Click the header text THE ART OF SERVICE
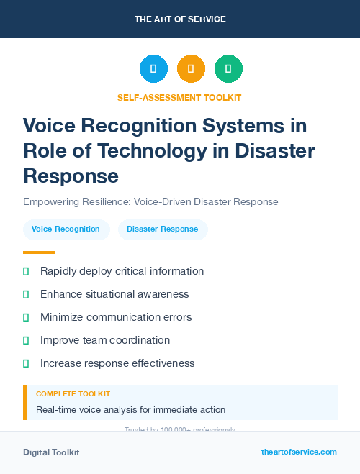tap(180, 19)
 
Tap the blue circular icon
tap(153, 68)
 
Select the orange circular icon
tap(191, 68)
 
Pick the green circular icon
tap(228, 68)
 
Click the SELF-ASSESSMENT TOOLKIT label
tap(179, 97)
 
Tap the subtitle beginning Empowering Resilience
tap(150, 201)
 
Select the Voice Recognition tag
tap(66, 229)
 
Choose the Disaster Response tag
tap(162, 229)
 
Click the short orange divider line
tap(39, 252)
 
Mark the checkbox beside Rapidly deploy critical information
tap(27, 271)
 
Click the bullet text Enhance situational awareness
tap(114, 294)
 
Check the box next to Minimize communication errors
tap(27, 317)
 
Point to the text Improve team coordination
tap(105, 340)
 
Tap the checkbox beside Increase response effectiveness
tap(27, 363)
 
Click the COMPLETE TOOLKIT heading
tap(73, 394)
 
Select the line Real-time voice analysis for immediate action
tap(130, 410)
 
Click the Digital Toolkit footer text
tap(51, 452)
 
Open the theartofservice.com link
tap(299, 452)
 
